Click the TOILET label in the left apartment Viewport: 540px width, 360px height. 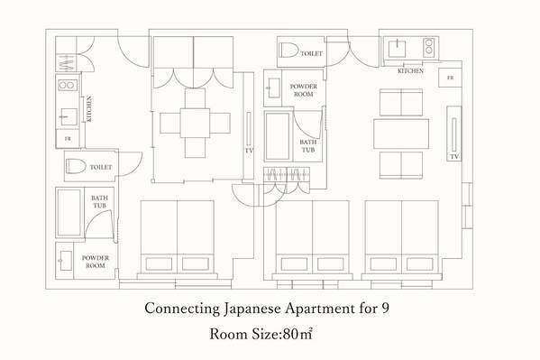[x=101, y=167]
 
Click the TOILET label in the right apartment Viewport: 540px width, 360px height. [x=311, y=53]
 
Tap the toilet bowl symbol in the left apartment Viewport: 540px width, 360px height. [x=76, y=166]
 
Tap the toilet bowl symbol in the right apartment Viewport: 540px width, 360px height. [x=288, y=50]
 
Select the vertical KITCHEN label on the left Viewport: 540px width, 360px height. [x=89, y=109]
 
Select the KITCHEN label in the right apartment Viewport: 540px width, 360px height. [x=410, y=70]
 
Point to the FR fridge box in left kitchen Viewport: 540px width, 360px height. [x=68, y=139]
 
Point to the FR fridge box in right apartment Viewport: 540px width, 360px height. [x=450, y=78]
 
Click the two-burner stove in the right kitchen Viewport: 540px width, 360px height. [x=429, y=46]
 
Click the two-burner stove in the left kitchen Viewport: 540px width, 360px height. [x=68, y=85]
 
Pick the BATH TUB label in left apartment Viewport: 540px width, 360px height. [x=99, y=202]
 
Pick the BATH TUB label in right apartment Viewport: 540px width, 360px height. [x=308, y=146]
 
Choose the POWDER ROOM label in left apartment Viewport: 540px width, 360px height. [x=96, y=262]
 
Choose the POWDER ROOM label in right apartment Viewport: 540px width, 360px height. [x=304, y=90]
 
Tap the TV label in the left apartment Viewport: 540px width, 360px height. [x=249, y=151]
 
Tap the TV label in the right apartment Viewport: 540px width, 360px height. [x=454, y=157]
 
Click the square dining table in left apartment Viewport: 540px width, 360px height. [x=195, y=123]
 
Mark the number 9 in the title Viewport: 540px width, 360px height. [x=385, y=308]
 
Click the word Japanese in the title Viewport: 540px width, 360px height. [x=252, y=309]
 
